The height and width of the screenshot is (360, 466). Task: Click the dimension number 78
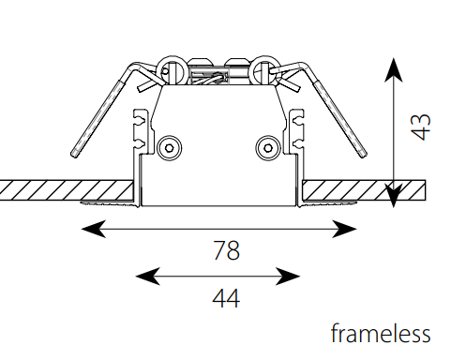227,250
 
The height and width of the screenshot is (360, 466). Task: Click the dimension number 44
226,298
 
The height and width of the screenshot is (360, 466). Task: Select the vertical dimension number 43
421,127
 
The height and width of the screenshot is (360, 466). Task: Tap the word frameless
381,333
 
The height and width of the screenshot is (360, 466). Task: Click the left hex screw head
170,147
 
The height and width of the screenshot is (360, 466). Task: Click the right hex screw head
267,147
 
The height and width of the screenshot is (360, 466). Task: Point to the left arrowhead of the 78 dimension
93,229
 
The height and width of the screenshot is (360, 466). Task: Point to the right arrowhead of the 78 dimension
344,229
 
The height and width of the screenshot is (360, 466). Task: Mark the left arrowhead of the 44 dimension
147,277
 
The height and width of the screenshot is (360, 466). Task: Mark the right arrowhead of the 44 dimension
288,277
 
